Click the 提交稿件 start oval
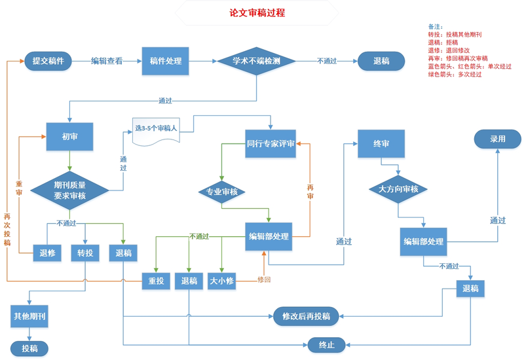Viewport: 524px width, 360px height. click(48, 61)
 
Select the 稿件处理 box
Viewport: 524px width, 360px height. click(165, 61)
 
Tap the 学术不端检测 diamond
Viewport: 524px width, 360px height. click(256, 61)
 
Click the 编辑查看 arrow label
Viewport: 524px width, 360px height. click(106, 61)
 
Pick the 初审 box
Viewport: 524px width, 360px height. click(69, 137)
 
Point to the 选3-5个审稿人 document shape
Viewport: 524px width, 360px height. click(156, 130)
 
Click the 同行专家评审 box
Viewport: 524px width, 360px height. click(271, 143)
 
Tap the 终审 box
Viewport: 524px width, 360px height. click(381, 143)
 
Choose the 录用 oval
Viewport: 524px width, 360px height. click(497, 139)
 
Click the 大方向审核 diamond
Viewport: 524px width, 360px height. click(398, 189)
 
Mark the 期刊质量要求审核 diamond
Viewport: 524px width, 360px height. click(69, 190)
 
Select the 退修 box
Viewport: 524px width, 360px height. click(47, 253)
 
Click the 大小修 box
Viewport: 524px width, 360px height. click(221, 281)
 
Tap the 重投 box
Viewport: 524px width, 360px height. click(156, 281)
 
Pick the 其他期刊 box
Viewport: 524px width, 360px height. click(29, 317)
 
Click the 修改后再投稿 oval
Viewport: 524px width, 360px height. click(306, 316)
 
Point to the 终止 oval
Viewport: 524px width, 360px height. click(326, 344)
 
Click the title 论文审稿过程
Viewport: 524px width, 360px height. click(257, 13)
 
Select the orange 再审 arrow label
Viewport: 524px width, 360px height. click(310, 191)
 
